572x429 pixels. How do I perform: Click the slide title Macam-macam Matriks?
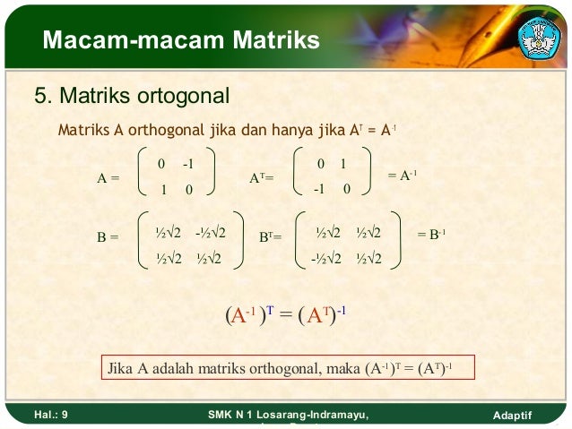(180, 40)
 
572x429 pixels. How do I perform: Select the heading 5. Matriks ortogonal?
(132, 94)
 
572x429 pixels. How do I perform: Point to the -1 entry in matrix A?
(187, 165)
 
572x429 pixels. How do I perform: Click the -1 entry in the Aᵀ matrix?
(317, 190)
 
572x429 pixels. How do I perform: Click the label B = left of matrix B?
(108, 238)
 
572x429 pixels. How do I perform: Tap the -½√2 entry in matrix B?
(210, 232)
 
